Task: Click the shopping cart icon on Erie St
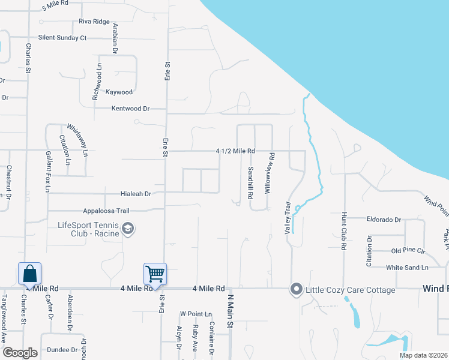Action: (155, 274)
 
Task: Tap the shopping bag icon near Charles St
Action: (29, 274)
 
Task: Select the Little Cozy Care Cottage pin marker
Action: (295, 290)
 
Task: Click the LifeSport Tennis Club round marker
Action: (127, 229)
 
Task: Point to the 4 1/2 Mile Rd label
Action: (236, 151)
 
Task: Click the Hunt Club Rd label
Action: (344, 230)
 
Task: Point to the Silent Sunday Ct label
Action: (62, 38)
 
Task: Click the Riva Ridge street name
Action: (94, 22)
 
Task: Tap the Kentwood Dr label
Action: (130, 109)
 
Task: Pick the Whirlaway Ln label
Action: (78, 137)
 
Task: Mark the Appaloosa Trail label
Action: (106, 211)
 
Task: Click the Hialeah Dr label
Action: (135, 194)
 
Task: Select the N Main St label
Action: (229, 310)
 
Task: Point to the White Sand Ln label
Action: (407, 267)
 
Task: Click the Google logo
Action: (20, 353)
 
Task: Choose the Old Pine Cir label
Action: (408, 250)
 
